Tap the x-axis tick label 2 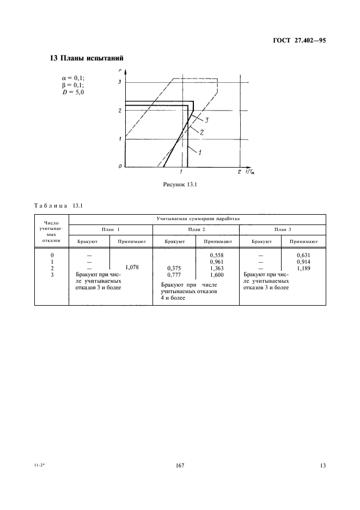pyautogui.click(x=239, y=172)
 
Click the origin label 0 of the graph pyautogui.click(x=120, y=166)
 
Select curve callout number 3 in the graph pyautogui.click(x=207, y=120)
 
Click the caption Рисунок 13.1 pyautogui.click(x=180, y=184)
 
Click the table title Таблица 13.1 pyautogui.click(x=58, y=205)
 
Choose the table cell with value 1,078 pyautogui.click(x=132, y=268)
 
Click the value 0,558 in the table pyautogui.click(x=217, y=254)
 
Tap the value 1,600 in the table pyautogui.click(x=217, y=275)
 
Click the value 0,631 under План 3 pyautogui.click(x=303, y=254)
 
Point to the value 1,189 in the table pyautogui.click(x=303, y=268)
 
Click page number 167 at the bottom pyautogui.click(x=181, y=465)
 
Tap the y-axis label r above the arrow pyautogui.click(x=120, y=71)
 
